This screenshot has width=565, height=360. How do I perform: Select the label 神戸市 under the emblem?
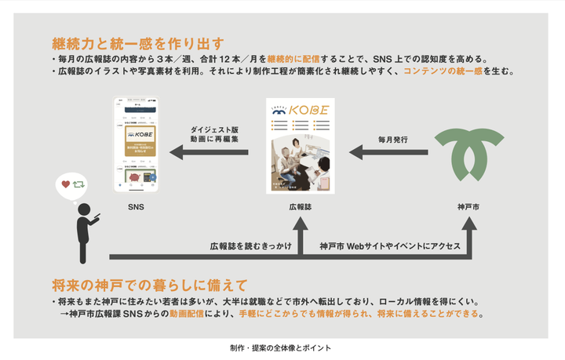pos(469,207)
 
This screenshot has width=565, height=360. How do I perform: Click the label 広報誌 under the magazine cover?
pos(301,207)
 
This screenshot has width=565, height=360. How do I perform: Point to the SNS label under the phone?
pos(137,207)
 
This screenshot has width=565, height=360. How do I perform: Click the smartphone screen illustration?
pos(137,144)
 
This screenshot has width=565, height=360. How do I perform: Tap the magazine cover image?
pos(301,146)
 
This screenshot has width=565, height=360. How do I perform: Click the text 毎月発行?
pos(392,140)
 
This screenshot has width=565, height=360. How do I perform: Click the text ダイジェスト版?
pos(213,129)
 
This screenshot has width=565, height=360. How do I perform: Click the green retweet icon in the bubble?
pos(79,185)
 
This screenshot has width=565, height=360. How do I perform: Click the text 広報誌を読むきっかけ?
pos(250,245)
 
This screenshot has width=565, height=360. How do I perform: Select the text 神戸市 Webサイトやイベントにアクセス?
pos(390,245)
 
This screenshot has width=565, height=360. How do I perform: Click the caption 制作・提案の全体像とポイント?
pos(280,346)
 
